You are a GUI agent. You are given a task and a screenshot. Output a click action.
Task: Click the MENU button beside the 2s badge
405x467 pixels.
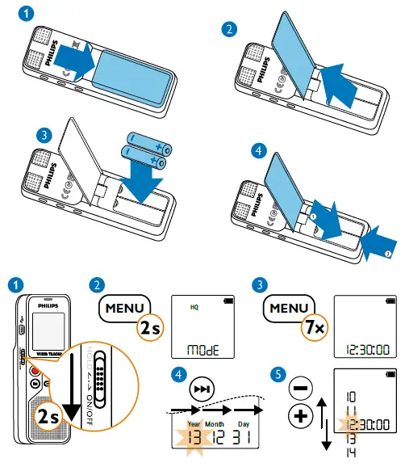pyautogui.click(x=123, y=308)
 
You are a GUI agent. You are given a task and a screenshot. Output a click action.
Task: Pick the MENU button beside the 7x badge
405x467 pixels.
pyautogui.click(x=290, y=308)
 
